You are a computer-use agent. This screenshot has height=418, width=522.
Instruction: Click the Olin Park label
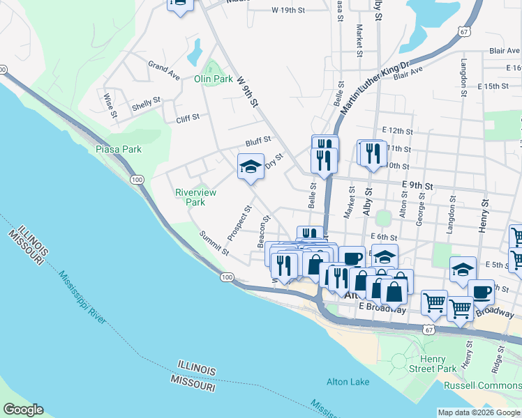click(x=213, y=79)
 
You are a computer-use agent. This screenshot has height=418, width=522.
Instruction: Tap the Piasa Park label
click(x=119, y=149)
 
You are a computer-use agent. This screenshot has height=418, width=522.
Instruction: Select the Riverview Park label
click(x=195, y=197)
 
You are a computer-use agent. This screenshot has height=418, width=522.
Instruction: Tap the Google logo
click(x=23, y=410)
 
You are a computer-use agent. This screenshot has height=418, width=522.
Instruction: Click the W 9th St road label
click(x=248, y=91)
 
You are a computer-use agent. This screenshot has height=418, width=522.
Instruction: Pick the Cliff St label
click(x=188, y=118)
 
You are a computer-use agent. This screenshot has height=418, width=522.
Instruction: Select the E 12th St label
click(x=398, y=131)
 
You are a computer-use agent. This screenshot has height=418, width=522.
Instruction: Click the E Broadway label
click(x=381, y=307)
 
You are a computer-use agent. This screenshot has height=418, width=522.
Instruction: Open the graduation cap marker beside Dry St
click(x=251, y=167)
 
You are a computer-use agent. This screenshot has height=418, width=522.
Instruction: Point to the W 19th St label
click(x=288, y=10)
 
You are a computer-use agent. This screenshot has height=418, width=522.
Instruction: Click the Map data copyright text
click(x=478, y=412)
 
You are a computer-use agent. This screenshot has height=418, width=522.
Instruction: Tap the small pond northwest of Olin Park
click(x=194, y=50)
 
